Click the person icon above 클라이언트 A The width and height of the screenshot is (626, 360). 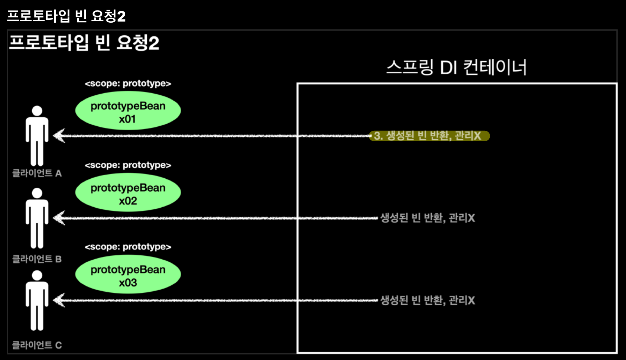(37, 137)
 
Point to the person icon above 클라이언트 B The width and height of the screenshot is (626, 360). (37, 219)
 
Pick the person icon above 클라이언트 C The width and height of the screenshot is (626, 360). (37, 301)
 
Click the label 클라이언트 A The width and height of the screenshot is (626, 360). (37, 173)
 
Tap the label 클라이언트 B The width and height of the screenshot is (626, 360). (37, 259)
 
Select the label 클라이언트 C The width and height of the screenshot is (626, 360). (37, 345)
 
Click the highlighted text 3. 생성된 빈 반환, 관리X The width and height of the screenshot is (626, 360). (429, 136)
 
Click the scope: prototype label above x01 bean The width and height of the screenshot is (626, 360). (128, 84)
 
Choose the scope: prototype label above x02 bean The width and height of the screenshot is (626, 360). (128, 165)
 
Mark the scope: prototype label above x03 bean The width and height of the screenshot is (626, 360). (128, 247)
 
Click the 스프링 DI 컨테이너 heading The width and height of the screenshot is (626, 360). (456, 68)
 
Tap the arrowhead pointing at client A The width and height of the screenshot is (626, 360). (59, 136)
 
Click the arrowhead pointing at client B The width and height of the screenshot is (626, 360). (59, 218)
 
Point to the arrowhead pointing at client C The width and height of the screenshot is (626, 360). (59, 300)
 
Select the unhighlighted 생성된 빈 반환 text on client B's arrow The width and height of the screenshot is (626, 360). (427, 218)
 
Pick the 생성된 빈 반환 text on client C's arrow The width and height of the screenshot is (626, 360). (427, 300)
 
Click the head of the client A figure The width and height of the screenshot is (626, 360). (37, 111)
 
